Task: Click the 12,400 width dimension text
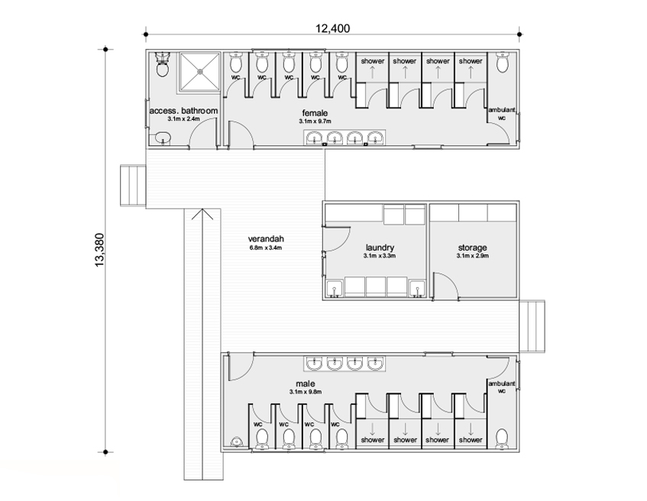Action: point(332,28)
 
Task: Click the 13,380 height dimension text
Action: point(100,250)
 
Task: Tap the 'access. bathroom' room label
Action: point(183,111)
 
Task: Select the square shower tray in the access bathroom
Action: point(199,71)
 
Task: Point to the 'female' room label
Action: point(315,113)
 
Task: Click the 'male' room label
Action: point(306,384)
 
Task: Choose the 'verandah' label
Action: point(266,238)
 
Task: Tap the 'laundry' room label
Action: point(380,247)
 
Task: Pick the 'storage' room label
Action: point(473,247)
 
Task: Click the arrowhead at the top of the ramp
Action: point(202,214)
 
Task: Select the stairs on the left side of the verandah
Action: point(133,186)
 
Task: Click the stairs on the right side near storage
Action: point(532,326)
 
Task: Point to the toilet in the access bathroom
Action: point(162,65)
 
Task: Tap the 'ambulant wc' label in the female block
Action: point(502,114)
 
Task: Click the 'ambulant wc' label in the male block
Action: point(502,387)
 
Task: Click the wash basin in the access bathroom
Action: point(163,137)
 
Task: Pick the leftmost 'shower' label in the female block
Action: point(373,61)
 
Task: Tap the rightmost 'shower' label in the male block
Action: point(471,440)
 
